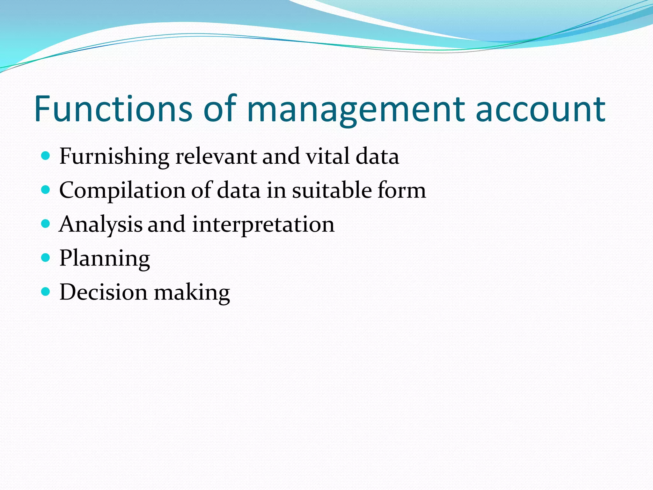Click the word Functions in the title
pos(113,109)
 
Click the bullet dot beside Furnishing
pos(46,156)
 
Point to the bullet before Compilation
pos(46,190)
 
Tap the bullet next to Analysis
pos(46,224)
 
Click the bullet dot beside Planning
pos(46,258)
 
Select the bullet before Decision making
pos(46,292)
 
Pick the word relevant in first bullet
pos(216,156)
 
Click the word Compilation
pos(122,191)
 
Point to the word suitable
pos(332,190)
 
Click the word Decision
pos(104,292)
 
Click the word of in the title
pos(220,109)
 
